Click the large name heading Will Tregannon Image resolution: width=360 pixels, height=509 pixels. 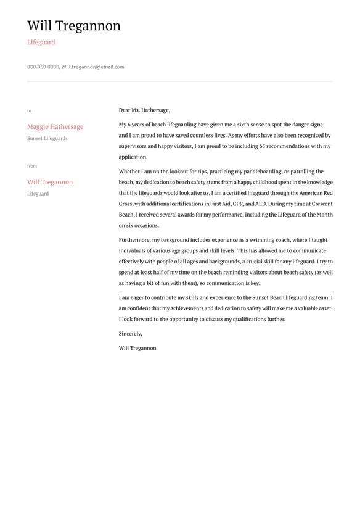pos(74,26)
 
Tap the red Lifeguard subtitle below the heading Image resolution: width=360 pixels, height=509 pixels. pos(41,43)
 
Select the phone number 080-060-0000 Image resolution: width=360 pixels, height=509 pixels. pos(43,67)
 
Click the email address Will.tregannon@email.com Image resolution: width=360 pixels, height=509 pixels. pos(92,67)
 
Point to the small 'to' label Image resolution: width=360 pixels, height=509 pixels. pos(29,111)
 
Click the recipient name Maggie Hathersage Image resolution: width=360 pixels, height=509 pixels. pos(55,126)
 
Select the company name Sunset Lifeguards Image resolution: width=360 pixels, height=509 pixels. pos(47,138)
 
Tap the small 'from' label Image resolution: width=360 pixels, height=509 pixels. pos(32,166)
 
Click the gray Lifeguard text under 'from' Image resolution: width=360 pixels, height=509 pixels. pos(38,194)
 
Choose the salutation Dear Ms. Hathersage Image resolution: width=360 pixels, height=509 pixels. pos(144,110)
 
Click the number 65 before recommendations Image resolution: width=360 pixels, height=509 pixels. pos(263,146)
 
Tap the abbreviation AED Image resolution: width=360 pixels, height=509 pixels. pos(261,204)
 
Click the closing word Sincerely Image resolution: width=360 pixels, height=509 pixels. pos(130,334)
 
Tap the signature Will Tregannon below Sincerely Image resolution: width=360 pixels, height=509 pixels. pos(137,348)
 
